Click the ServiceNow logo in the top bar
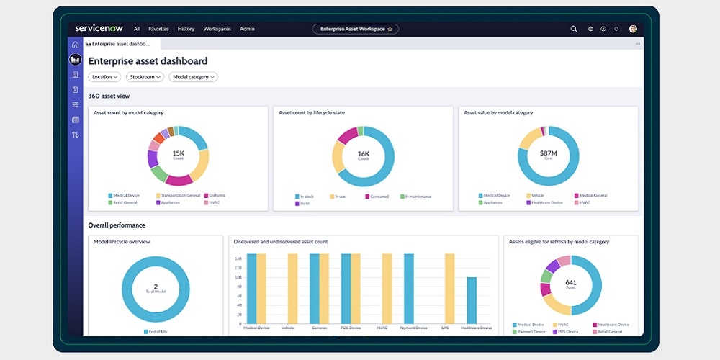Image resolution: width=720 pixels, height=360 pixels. [99, 29]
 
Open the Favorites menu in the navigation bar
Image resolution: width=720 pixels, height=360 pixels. [158, 29]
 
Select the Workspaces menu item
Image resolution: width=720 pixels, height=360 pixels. [217, 29]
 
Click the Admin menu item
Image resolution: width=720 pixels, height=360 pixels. [247, 29]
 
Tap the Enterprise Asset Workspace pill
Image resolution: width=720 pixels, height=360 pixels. [355, 29]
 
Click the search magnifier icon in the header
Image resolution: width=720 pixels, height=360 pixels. [574, 29]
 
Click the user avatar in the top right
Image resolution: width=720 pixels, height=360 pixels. [633, 29]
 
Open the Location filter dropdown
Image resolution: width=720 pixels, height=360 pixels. [104, 77]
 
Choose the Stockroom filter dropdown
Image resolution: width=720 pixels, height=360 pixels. [145, 77]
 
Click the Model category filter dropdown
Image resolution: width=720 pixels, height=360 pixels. [193, 77]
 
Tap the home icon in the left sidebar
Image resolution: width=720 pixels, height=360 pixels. [76, 45]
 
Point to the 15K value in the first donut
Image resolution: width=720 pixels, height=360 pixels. [179, 153]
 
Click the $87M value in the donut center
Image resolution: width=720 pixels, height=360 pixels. [549, 153]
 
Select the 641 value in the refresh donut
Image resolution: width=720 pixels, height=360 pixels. [571, 283]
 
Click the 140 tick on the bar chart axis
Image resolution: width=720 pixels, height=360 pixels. [238, 258]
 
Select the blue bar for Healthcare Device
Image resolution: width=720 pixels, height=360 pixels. [472, 301]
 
